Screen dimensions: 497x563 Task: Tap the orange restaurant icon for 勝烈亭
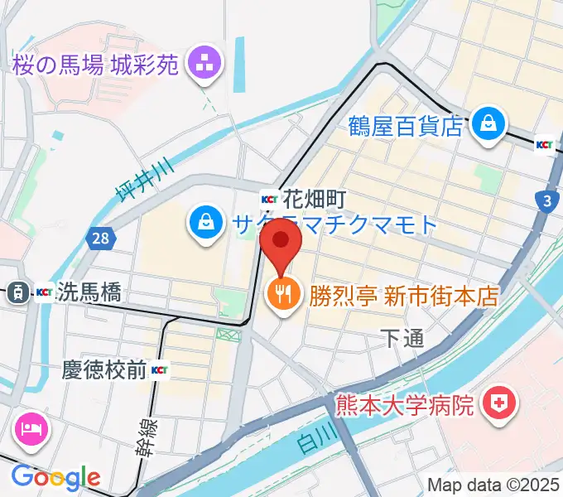[282, 292]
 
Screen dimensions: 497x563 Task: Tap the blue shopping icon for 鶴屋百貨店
[488, 123]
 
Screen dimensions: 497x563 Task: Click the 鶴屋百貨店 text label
[405, 126]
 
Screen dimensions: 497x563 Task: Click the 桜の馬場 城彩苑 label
[96, 65]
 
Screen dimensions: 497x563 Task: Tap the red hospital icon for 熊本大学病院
[500, 403]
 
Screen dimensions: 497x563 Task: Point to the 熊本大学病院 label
[405, 405]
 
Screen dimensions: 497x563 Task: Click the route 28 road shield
[99, 239]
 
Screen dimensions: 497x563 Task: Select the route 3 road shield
[546, 200]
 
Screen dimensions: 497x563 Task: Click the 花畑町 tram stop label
[313, 199]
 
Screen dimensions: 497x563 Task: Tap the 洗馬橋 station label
[90, 292]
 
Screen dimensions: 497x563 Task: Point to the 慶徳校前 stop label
[104, 369]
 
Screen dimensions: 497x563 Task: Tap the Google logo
[56, 476]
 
